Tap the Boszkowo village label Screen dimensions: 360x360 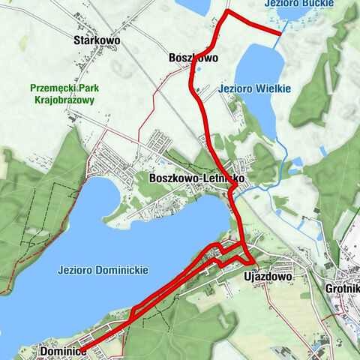[x=193, y=57]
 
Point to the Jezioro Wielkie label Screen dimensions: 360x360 [x=244, y=88]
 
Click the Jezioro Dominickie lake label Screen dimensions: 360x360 [x=103, y=269]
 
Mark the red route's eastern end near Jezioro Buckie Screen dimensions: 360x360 [x=280, y=33]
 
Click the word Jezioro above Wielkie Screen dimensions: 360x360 [x=228, y=88]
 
